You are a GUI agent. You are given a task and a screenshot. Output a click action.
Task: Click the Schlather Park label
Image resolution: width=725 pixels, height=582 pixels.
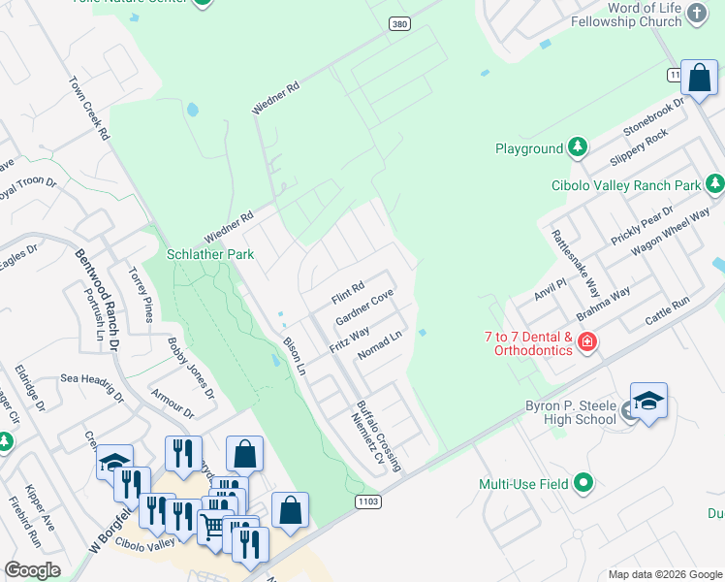click(x=209, y=254)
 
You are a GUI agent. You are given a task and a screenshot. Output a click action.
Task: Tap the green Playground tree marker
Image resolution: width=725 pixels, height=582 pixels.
click(x=578, y=147)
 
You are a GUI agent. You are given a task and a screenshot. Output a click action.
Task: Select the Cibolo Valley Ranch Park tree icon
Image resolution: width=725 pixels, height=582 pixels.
click(x=714, y=183)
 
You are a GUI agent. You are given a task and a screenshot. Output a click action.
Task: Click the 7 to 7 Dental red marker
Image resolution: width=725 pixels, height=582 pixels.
click(x=585, y=341)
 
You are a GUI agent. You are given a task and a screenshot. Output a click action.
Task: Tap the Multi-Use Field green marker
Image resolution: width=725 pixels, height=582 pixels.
click(x=583, y=482)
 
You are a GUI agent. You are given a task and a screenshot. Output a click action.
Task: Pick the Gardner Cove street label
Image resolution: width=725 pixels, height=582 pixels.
click(x=363, y=307)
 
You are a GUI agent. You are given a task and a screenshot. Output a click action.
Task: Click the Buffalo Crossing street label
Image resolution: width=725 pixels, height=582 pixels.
click(x=378, y=436)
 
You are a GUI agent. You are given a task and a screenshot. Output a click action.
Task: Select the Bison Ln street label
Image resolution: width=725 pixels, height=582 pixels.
click(x=294, y=356)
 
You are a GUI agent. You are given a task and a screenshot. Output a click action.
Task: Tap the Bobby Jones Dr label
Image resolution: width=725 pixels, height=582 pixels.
click(x=189, y=368)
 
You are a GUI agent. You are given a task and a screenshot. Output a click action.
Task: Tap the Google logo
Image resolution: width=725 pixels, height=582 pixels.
click(x=31, y=569)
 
